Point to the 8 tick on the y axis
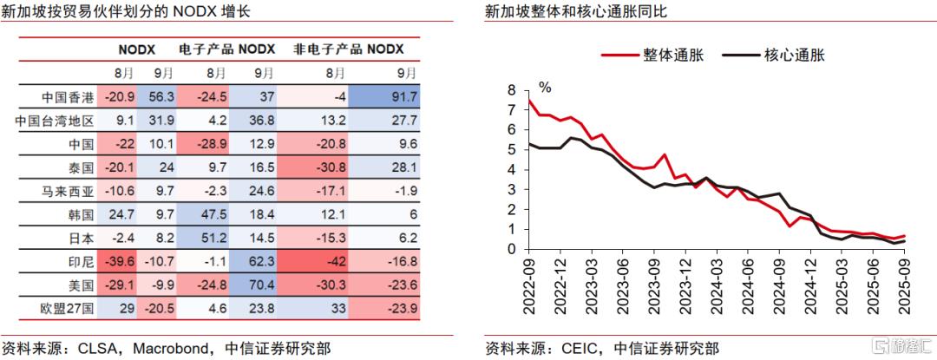(511, 90)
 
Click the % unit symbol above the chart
(545, 88)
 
